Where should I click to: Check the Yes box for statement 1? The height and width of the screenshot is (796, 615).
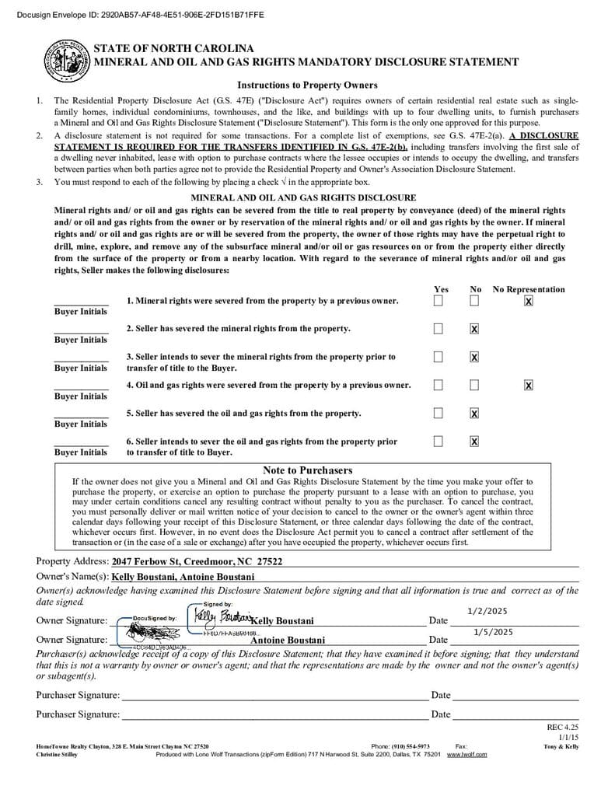[439, 301]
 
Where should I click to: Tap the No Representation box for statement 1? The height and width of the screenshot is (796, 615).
[529, 301]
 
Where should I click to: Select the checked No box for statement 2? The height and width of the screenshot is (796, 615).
[474, 329]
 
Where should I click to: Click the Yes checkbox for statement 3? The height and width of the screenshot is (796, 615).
[439, 357]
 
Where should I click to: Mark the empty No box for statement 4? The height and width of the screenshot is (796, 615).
[474, 385]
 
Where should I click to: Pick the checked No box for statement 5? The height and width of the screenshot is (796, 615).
[474, 413]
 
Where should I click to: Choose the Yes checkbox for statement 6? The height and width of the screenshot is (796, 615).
[439, 442]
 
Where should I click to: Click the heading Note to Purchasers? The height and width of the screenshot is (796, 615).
[307, 470]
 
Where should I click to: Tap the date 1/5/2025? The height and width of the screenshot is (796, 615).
[493, 632]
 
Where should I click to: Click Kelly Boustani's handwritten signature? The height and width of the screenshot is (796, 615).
[222, 616]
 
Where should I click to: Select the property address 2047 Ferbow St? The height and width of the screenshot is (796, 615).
[197, 561]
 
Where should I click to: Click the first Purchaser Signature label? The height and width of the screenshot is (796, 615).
[78, 695]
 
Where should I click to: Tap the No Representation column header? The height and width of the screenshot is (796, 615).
[529, 289]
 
